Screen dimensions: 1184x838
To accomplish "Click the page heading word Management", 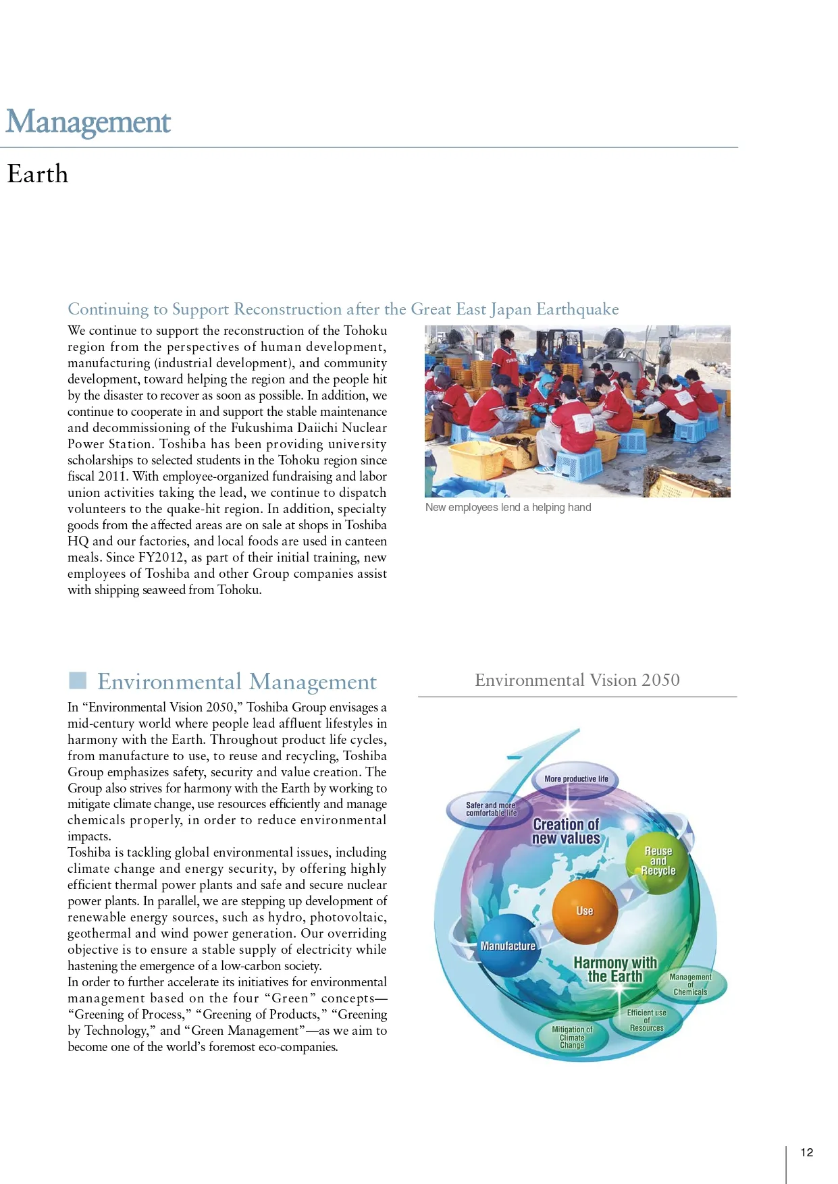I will click(88, 123).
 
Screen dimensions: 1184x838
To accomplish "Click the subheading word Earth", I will click(38, 174).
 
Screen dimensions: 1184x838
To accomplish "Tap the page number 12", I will click(806, 1152).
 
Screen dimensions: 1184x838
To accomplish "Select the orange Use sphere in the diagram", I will click(585, 911).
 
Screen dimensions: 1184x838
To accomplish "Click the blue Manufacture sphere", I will click(508, 946).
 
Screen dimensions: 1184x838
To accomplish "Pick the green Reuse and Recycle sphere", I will click(658, 861).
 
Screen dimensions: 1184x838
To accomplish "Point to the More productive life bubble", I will click(576, 779).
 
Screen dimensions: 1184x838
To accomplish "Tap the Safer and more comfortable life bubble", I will click(491, 809).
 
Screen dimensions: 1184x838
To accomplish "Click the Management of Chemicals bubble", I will click(690, 984).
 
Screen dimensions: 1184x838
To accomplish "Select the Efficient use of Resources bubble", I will click(646, 1020).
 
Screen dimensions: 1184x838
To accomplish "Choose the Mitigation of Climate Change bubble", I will click(572, 1037).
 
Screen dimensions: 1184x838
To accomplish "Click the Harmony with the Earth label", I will click(615, 969).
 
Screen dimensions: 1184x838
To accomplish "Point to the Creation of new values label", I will click(566, 831).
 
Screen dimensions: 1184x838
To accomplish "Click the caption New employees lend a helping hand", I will click(508, 508).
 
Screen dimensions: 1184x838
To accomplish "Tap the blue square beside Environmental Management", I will click(78, 680).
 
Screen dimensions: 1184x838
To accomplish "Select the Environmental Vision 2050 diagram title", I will click(577, 680).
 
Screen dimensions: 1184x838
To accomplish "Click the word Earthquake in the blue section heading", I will click(577, 309).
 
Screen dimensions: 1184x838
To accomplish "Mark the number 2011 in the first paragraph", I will click(113, 477).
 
